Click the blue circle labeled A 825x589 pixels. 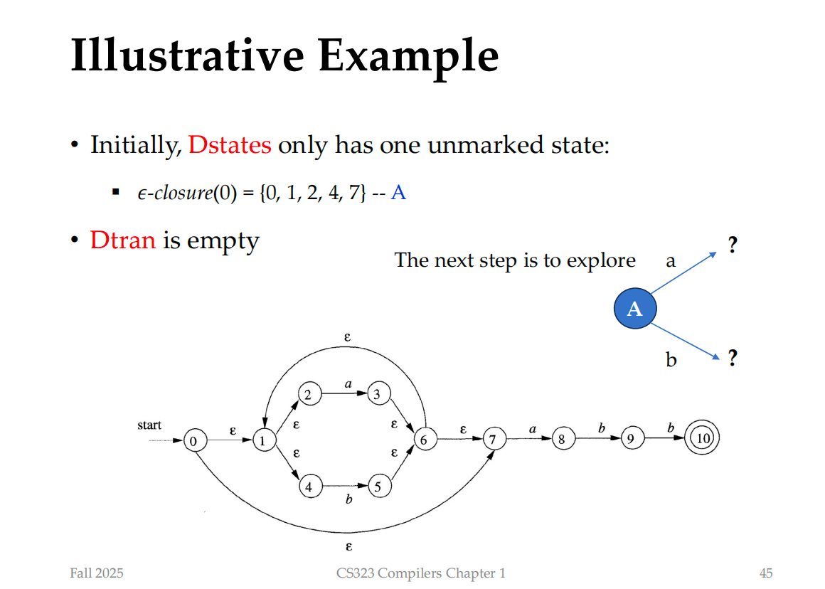(635, 309)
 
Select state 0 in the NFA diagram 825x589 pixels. (195, 440)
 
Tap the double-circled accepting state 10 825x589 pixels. (702, 437)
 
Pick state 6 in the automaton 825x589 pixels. (425, 440)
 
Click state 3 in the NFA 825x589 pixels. (378, 393)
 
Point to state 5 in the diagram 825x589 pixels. (379, 486)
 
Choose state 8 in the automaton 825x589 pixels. (563, 438)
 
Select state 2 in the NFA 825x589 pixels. (309, 393)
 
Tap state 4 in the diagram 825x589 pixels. (310, 487)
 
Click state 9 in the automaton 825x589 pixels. (632, 438)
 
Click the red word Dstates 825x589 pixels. (230, 144)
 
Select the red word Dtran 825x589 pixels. (123, 240)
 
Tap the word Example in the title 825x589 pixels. (408, 56)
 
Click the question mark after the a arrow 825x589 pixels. (733, 245)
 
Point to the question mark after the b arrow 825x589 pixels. (733, 358)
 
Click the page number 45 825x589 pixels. (765, 573)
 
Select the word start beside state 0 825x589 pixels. (149, 425)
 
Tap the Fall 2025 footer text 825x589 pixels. (97, 573)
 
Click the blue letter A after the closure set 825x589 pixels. (398, 193)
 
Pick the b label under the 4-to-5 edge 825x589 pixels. (348, 499)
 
